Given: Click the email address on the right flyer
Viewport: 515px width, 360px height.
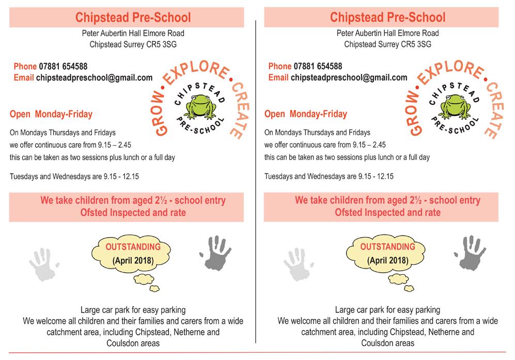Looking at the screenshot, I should pos(349,78).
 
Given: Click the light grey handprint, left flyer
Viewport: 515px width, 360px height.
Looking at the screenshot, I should pos(46,264).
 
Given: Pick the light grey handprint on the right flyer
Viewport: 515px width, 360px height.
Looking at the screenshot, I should pos(300,264).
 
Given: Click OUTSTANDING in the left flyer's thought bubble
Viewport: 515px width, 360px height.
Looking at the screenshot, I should pos(133,247).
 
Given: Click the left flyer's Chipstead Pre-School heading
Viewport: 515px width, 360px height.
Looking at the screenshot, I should pos(133,18).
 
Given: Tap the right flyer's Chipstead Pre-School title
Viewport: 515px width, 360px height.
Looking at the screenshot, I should pos(387,18).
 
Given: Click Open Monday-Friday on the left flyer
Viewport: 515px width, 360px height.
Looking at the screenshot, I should pos(51,114).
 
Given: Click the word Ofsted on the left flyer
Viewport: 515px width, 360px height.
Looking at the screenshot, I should pos(93,212).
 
